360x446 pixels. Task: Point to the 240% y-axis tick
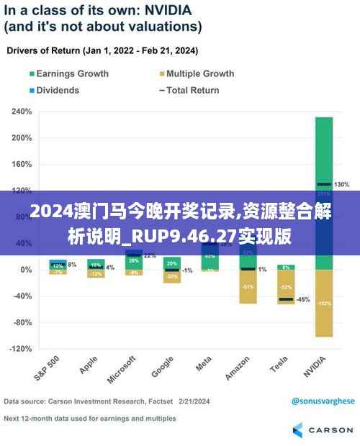(x=21, y=112)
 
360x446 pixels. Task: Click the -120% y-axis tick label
(x=19, y=349)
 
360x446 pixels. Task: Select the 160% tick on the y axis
(x=21, y=165)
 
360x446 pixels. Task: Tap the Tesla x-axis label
(x=279, y=365)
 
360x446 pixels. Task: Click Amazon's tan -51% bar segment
(x=248, y=286)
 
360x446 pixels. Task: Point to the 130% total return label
(x=342, y=185)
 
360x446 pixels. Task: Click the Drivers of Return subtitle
(x=103, y=52)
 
